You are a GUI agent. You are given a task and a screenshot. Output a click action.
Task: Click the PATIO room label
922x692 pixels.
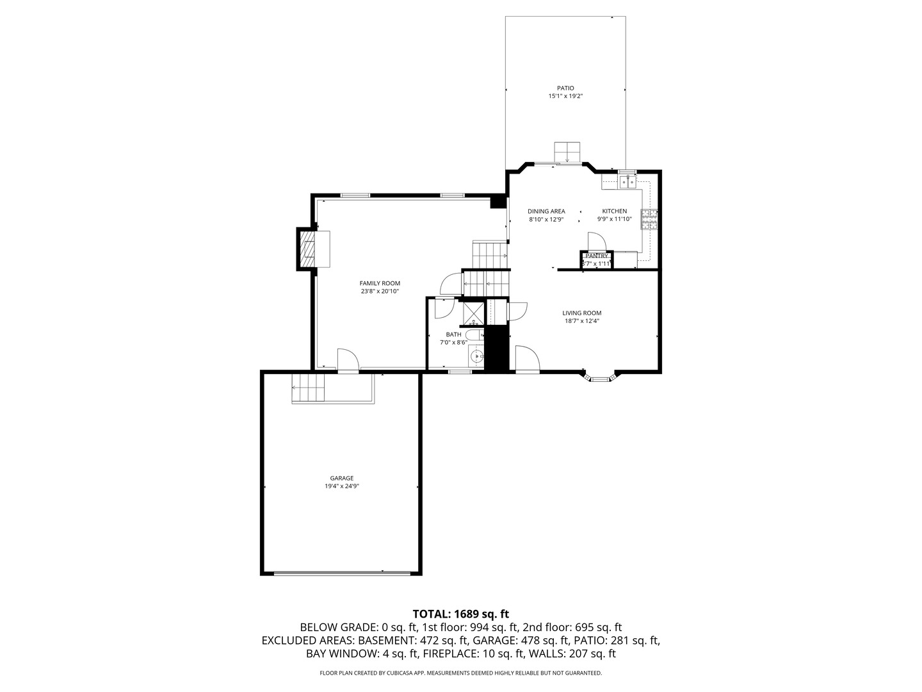(x=565, y=88)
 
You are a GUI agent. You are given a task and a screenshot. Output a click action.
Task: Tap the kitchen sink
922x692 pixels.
(x=628, y=182)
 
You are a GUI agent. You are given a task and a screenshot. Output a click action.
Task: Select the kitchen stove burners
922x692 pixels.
(x=649, y=219)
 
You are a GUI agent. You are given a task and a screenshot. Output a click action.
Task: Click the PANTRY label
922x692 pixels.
(x=596, y=256)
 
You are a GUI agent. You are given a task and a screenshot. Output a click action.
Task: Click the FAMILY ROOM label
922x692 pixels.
(x=380, y=283)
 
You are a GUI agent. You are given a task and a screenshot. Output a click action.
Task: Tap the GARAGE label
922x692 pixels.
(x=341, y=478)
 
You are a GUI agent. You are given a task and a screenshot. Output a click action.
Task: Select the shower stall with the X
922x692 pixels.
(x=472, y=311)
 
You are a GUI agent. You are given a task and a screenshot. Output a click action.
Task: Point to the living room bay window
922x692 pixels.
(x=599, y=377)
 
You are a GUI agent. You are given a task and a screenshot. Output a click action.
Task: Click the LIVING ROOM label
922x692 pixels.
(x=582, y=313)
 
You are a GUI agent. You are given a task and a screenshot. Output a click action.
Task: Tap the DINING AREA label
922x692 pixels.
(x=546, y=211)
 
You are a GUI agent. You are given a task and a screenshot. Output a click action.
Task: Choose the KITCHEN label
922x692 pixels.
(x=615, y=211)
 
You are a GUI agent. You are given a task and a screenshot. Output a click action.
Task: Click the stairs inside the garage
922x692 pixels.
(x=309, y=388)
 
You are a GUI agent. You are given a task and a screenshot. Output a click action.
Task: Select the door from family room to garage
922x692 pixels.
(x=348, y=361)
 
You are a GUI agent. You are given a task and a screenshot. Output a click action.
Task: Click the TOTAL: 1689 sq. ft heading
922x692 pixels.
(x=461, y=614)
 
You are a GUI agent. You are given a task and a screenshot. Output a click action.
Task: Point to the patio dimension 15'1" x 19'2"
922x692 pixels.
(x=565, y=96)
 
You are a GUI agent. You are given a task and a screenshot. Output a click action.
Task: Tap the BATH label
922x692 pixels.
(x=453, y=334)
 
